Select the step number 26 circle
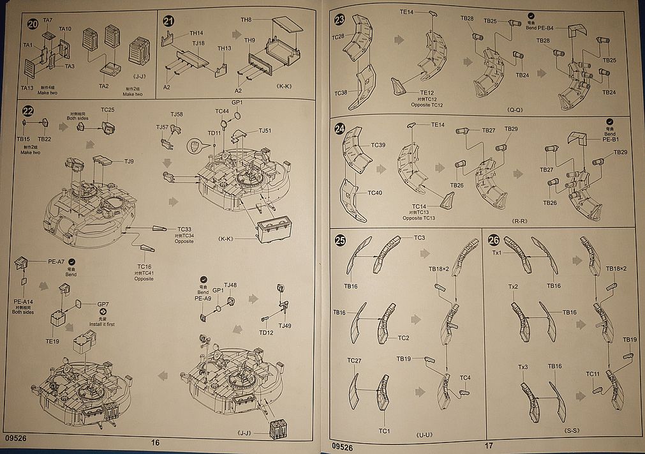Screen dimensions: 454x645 click(x=494, y=241)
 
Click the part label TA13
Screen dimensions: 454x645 click(x=27, y=88)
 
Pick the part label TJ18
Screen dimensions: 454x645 click(x=199, y=43)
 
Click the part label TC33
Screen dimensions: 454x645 click(x=184, y=229)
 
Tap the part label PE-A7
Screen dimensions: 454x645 click(x=57, y=261)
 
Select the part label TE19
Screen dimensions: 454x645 click(x=52, y=342)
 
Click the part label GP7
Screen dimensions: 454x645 click(x=103, y=305)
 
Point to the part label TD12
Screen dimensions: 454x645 click(x=266, y=333)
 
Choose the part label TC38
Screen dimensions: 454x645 click(x=341, y=93)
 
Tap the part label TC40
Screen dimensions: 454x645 click(x=374, y=193)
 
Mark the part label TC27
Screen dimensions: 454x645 click(x=354, y=361)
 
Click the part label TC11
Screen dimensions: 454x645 click(x=593, y=374)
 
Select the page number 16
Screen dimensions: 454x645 click(x=155, y=443)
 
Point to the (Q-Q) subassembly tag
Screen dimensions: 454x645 click(x=516, y=109)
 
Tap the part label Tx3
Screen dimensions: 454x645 click(x=523, y=367)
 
